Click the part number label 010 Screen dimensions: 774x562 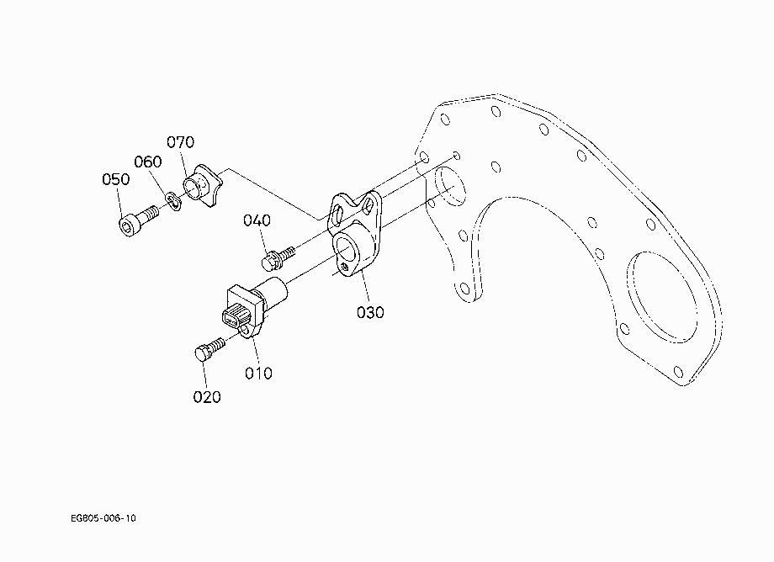[x=258, y=373]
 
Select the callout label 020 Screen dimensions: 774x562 [x=207, y=397]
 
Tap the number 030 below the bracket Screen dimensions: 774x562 [x=370, y=312]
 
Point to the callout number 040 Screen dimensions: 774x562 [x=257, y=220]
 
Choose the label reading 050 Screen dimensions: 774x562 [x=115, y=179]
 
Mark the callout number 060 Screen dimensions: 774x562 [x=147, y=162]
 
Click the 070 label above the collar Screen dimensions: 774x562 [x=180, y=142]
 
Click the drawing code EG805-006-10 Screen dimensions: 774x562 [x=103, y=518]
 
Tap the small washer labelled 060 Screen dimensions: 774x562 [x=173, y=201]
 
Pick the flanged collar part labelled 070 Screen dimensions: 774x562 [x=203, y=186]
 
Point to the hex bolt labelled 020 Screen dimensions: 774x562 [x=209, y=348]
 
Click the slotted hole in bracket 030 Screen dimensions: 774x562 [x=338, y=215]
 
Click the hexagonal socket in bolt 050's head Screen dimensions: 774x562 [x=126, y=227]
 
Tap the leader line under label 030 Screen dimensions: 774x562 [x=364, y=287]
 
